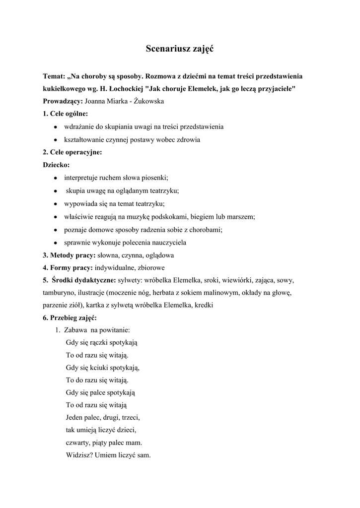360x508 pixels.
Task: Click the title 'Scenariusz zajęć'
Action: (180, 49)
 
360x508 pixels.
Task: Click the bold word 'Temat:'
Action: (54, 77)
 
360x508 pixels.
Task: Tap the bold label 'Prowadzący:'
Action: (63, 102)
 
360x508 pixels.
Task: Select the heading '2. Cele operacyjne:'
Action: (72, 152)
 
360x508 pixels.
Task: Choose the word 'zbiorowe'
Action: (151, 268)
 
